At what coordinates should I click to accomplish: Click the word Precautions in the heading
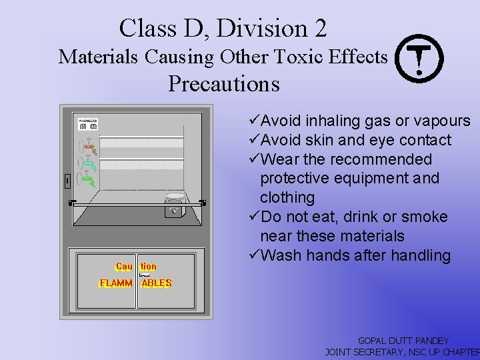223,84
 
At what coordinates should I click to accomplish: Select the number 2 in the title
319,28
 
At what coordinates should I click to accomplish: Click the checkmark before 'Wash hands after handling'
253,255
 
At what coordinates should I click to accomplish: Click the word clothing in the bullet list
287,197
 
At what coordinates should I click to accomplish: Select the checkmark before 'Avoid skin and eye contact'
253,140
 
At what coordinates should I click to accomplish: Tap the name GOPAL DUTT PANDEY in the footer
403,340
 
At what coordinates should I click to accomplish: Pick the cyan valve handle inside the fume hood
88,163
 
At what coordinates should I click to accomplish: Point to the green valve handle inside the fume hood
89,179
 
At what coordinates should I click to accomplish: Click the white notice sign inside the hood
88,123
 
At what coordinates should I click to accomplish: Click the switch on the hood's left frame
67,181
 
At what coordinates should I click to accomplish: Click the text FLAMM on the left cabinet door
115,283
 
